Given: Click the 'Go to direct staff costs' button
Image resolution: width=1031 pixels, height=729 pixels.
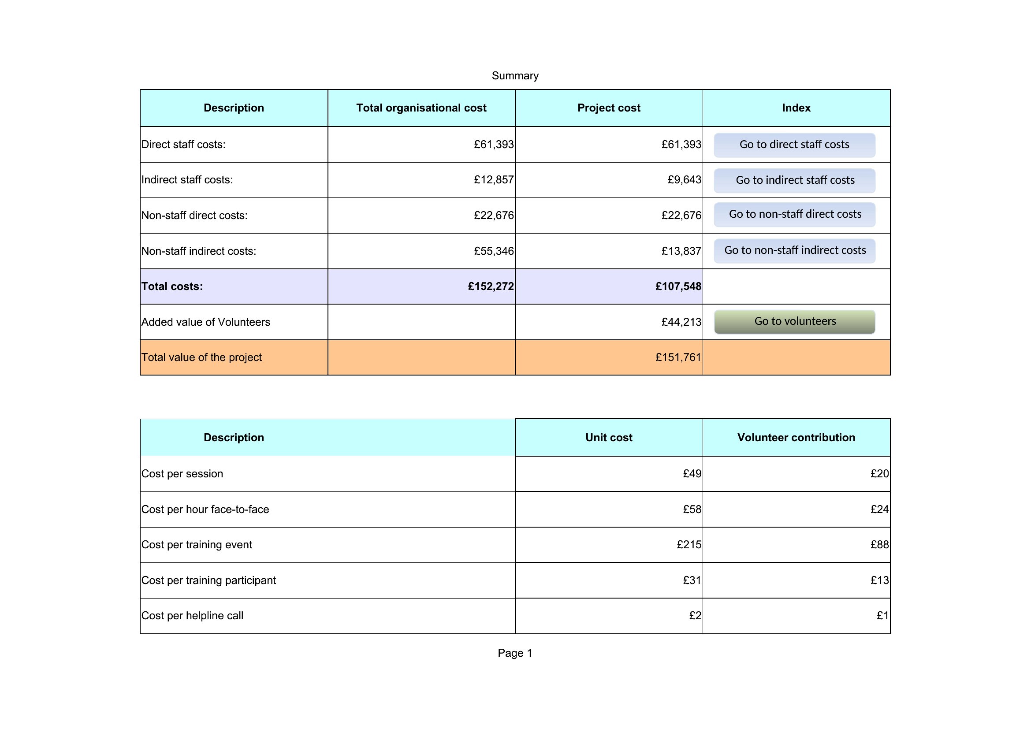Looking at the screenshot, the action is point(794,145).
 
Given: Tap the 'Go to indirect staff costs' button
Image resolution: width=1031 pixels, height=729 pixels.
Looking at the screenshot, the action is point(794,180).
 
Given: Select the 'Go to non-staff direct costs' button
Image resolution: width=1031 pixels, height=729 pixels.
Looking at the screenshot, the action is point(794,215).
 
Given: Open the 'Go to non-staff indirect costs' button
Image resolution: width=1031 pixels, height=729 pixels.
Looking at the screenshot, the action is point(794,250).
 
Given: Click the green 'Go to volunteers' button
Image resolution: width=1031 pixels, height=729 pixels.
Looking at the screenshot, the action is point(794,321).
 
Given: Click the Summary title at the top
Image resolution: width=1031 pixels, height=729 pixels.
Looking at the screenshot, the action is point(515,75).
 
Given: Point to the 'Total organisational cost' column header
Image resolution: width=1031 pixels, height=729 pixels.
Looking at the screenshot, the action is point(421,108).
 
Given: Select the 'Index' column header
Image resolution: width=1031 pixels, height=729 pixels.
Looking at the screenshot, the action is point(796,108).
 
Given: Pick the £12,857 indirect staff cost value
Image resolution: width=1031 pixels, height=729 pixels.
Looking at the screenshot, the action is point(494,179).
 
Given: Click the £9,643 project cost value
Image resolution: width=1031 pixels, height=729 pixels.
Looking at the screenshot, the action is point(685,179).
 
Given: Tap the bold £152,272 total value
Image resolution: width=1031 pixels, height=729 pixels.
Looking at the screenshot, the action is point(491,286).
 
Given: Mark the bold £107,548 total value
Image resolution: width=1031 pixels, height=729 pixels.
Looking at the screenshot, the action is point(678,286).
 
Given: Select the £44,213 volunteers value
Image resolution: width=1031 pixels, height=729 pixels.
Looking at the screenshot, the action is point(681,322).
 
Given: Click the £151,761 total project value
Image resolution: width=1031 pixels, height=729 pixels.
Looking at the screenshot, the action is point(678,357).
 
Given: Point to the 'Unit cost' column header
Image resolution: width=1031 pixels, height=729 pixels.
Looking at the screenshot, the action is point(609,438).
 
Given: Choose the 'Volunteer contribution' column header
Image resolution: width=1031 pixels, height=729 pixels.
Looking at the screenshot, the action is point(796,438).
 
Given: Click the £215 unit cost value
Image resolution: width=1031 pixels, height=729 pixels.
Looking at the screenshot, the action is point(689,544).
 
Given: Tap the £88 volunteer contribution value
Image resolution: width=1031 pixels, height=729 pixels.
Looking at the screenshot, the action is point(880,544).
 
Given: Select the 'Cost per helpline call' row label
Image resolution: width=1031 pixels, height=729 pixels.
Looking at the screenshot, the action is point(192,615).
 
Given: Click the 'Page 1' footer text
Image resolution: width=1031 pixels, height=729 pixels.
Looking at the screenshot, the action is point(515,653).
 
